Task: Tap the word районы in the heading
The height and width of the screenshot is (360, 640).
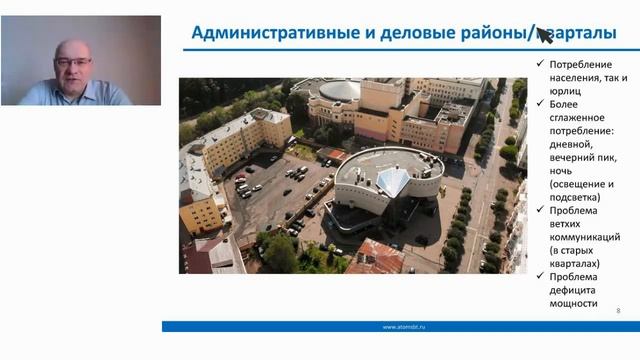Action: coord(490,33)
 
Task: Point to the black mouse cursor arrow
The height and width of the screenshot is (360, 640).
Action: coord(544,36)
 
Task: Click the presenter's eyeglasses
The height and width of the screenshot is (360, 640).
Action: coord(72,62)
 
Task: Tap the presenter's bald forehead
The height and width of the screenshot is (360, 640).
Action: coord(72,48)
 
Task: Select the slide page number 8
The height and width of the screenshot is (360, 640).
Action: coord(618,310)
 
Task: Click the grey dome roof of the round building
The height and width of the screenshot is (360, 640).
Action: coord(338,91)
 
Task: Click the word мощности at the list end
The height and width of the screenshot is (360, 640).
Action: coord(573,303)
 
